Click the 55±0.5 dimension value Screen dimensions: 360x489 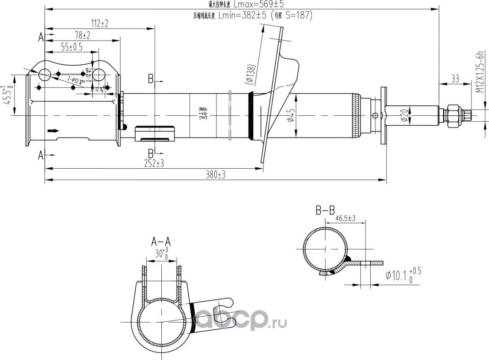(x=72, y=47)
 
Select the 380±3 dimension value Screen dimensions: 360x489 (x=215, y=174)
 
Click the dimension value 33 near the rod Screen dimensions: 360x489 (x=455, y=79)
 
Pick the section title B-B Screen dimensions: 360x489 (x=325, y=209)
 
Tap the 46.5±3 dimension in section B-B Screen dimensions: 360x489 (x=345, y=218)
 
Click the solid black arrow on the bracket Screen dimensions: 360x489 (x=53, y=130)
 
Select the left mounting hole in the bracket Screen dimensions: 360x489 (x=45, y=74)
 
